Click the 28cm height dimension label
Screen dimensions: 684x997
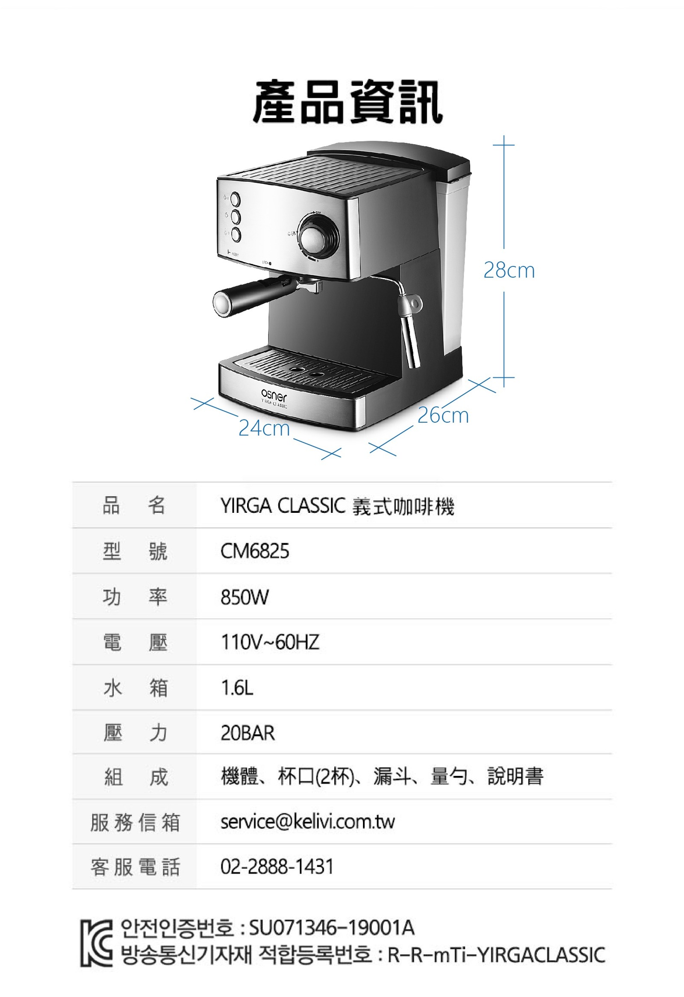[x=509, y=270]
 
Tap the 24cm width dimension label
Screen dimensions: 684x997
[x=264, y=428]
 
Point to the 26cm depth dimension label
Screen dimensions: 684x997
[x=443, y=415]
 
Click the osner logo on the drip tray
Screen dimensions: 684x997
[x=274, y=396]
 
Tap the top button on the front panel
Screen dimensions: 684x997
[x=236, y=199]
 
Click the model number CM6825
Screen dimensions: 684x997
[x=255, y=551]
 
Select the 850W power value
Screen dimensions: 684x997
[x=245, y=597]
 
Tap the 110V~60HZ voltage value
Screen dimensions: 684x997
[x=270, y=642]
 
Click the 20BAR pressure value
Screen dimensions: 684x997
[x=248, y=733]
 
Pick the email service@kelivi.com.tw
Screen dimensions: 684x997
[x=307, y=822]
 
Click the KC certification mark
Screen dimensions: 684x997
[x=97, y=944]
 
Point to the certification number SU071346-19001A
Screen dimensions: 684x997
[x=331, y=928]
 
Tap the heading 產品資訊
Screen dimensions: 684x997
[x=348, y=102]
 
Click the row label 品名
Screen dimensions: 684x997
[x=134, y=505]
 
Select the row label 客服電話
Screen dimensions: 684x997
[x=135, y=867]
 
